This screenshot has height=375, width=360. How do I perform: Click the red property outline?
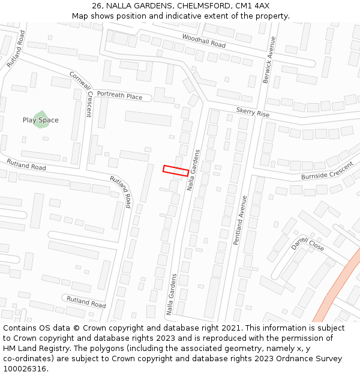coord(176,170)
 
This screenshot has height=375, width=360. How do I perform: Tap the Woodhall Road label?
coord(203,41)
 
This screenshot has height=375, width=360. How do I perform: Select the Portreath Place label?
coord(119,96)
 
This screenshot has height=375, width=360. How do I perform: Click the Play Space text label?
coord(41,120)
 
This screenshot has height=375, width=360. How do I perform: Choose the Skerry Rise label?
coord(253,112)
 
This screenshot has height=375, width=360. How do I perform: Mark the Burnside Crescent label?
coord(327,172)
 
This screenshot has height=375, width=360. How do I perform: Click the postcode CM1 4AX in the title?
coord(252,5)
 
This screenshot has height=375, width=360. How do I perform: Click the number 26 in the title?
coord(97,5)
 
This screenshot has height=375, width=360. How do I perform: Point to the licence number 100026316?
coord(24,368)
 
